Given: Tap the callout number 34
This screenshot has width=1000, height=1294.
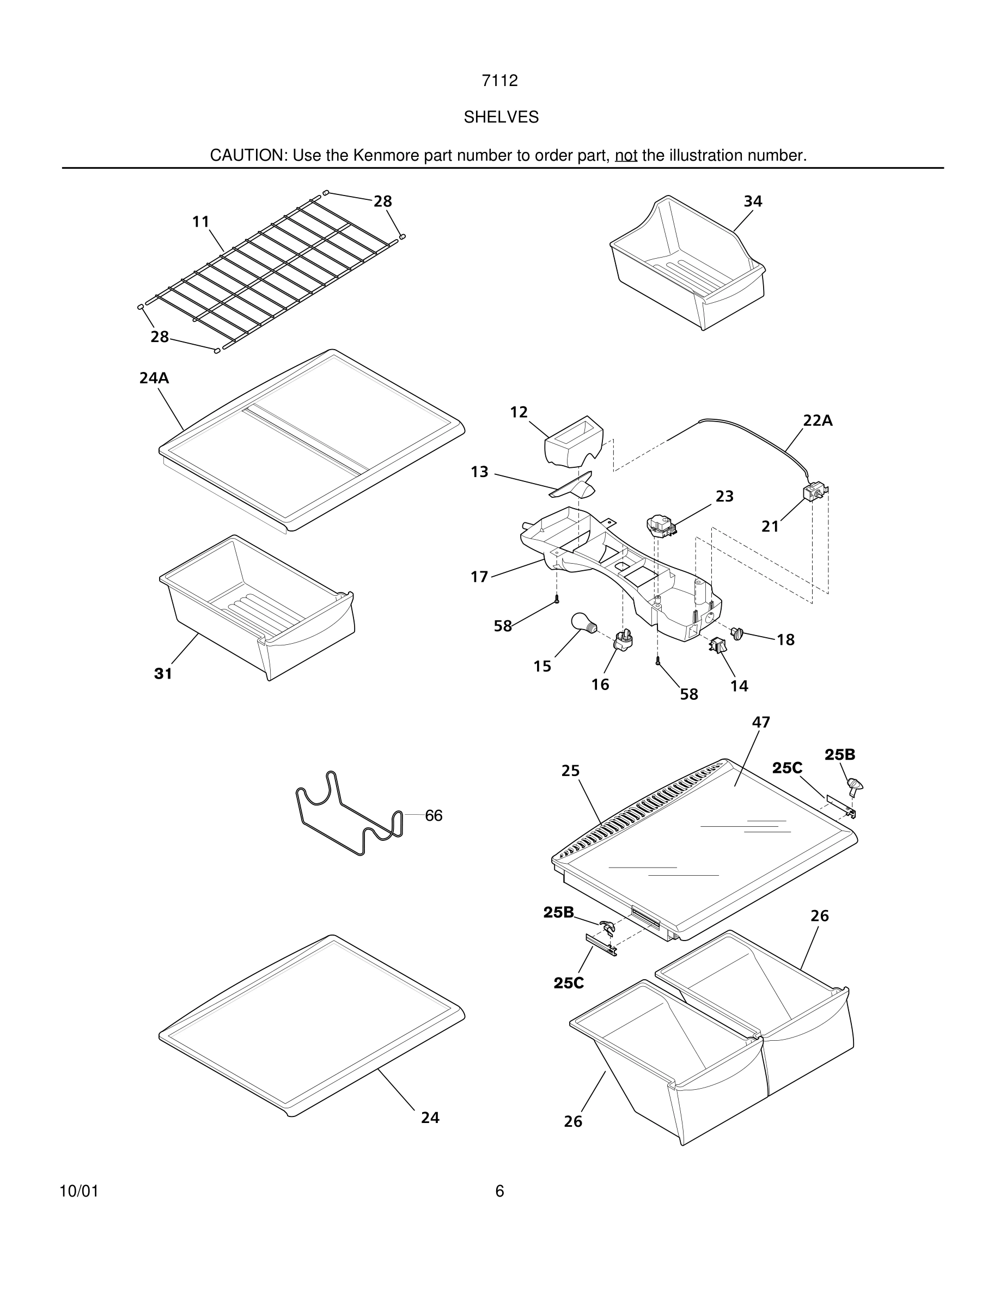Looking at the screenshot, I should [752, 202].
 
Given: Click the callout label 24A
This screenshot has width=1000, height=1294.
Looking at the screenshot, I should [154, 378].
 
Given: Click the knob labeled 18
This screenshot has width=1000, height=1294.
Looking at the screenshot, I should [737, 633].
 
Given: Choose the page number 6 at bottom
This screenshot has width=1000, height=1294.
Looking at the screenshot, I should [499, 1191].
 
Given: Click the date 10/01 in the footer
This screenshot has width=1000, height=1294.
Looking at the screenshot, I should [79, 1191].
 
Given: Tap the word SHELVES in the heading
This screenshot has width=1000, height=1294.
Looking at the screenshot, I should [501, 117].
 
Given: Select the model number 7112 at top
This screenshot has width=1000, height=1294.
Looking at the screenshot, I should [499, 81].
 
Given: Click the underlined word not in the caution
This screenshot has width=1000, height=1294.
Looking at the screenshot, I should [626, 155].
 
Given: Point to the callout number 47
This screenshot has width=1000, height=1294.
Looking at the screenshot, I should [761, 722].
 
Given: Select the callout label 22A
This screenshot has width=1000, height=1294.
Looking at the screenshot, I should [818, 420].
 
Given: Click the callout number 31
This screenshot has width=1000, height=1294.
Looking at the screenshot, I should [163, 674].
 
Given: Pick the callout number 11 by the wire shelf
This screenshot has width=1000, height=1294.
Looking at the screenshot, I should [201, 222].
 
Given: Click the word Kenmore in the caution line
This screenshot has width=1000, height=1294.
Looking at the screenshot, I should [379, 155].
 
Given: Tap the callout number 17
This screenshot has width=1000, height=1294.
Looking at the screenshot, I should [479, 577].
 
